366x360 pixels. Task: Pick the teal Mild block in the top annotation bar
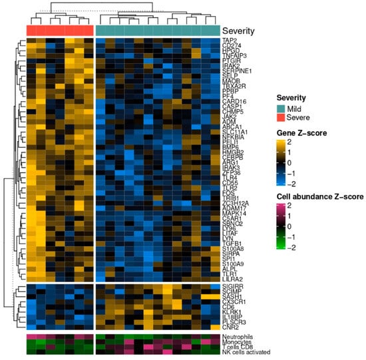(x=158, y=31)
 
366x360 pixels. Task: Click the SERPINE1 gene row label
(x=237, y=71)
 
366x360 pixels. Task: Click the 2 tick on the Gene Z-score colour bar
(x=296, y=141)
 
